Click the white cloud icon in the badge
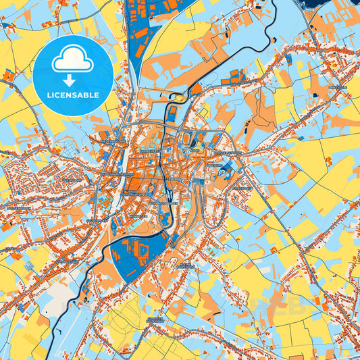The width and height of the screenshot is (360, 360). (72, 61)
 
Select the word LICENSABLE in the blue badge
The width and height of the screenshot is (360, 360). (73, 95)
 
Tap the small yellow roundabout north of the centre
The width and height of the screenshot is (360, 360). (178, 98)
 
